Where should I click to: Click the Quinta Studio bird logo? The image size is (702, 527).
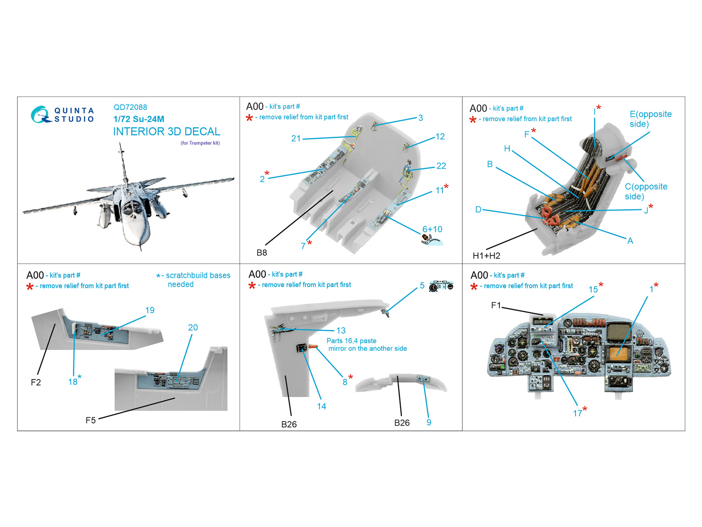pos(41,114)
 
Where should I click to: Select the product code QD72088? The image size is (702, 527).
pos(130,107)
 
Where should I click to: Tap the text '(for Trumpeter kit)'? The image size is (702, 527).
pos(200,143)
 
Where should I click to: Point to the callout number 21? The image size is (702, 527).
pos(296,138)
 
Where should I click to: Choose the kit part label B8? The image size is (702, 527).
pos(261,253)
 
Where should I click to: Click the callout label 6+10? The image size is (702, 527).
pos(432,229)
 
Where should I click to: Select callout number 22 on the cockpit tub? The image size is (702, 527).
pos(441,166)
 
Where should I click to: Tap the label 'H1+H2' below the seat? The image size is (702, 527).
pos(486,256)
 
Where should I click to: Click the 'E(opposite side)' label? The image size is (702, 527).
pos(650,119)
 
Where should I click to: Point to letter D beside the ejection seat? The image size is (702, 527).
pos(478,209)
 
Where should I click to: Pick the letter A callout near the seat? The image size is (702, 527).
pos(630,241)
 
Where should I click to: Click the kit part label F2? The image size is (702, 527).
pos(36,382)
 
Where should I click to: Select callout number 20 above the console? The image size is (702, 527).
pos(193,327)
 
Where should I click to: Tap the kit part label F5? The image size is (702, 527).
pos(90,420)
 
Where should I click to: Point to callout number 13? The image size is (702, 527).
pos(341,330)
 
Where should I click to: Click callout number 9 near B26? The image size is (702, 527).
pos(429,422)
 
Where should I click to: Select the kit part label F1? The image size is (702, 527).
pos(496,305)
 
